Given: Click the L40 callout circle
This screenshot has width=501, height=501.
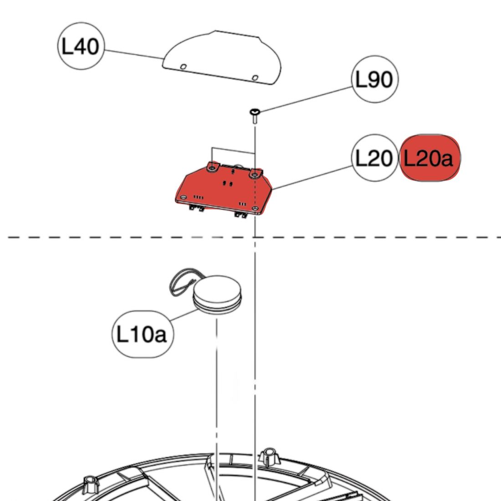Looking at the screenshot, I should [x=81, y=46].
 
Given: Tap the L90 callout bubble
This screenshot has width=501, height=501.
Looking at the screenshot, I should [x=374, y=80].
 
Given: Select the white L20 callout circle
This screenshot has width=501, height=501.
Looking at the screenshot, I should [x=374, y=158].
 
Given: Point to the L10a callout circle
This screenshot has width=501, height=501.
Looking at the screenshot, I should [x=142, y=335].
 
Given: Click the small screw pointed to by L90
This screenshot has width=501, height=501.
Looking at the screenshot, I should [x=255, y=114].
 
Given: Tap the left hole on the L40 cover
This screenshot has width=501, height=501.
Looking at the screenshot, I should [x=183, y=67].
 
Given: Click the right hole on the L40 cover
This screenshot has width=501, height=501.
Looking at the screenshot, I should [x=255, y=77].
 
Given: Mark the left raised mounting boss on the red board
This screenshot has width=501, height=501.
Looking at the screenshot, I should [x=212, y=167].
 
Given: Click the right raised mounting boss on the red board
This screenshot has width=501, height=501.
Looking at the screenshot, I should [x=255, y=173].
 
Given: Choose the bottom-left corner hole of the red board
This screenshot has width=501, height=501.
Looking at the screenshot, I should [x=183, y=197].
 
